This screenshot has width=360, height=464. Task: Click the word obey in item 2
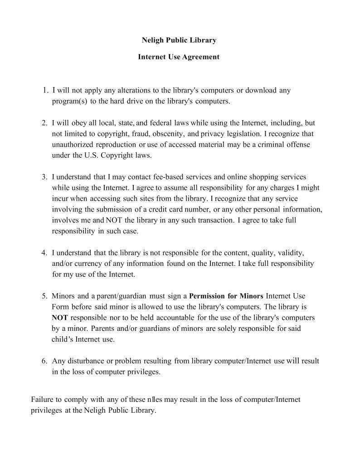pos(75,123)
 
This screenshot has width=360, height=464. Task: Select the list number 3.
pos(45,177)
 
